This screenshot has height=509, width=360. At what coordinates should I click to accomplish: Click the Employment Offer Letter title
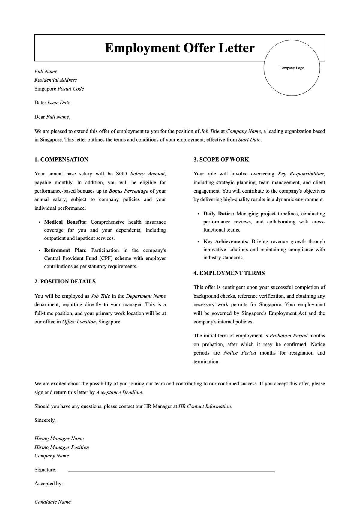coord(179,48)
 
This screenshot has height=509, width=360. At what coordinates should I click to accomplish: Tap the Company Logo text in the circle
coord(292,68)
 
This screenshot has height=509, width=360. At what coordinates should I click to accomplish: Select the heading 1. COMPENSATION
coord(61,160)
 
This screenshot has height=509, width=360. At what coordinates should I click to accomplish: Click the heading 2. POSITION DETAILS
coord(65,282)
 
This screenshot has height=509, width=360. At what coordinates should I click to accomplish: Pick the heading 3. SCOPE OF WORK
coord(221,160)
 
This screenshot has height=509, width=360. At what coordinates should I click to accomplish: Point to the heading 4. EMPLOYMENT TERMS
coord(229,273)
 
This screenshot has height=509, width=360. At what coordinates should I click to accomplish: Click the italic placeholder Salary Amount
coord(148,174)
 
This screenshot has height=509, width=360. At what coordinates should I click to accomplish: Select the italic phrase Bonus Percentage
coord(128,191)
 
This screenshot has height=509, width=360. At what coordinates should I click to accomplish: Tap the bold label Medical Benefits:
coord(65,222)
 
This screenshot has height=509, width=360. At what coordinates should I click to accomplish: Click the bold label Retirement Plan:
coord(65,250)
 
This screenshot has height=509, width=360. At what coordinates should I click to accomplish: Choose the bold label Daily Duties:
coord(219,214)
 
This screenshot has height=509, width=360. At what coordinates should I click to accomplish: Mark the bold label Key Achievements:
coord(226,242)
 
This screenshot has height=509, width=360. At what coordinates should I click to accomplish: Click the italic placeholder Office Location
coord(79,322)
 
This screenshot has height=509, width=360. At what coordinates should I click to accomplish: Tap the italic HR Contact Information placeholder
coord(205,406)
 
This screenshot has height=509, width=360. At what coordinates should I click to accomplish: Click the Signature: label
coord(45,470)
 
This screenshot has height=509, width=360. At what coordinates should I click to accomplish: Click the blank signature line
coord(171,471)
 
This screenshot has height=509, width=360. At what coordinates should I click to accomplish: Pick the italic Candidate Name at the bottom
coord(52,502)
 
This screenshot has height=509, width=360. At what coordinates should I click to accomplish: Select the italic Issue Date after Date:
coord(59,103)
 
